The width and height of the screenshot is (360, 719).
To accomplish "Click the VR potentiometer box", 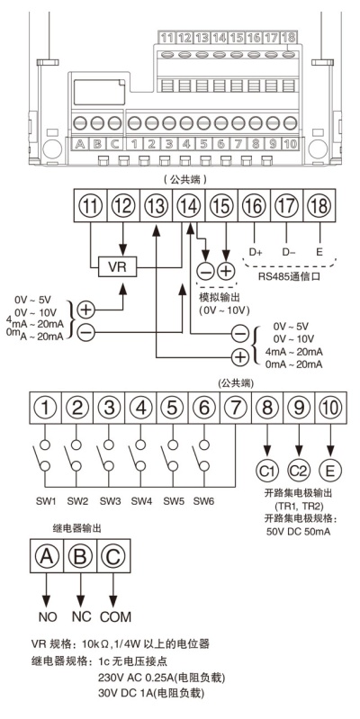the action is click(x=117, y=267).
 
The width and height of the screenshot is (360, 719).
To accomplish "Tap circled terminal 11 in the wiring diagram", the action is click(x=91, y=206).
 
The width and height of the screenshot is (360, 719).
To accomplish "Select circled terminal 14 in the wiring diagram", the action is click(x=188, y=206).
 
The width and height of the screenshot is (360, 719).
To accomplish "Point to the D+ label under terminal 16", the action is click(x=255, y=251).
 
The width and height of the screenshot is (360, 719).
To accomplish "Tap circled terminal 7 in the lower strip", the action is click(x=235, y=407).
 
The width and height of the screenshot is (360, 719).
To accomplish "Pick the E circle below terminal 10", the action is click(x=330, y=471).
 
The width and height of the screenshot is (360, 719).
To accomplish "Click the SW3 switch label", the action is click(x=109, y=501).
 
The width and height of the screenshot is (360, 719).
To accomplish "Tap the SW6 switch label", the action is click(x=203, y=501).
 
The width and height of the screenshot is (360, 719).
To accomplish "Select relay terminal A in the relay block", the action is click(x=46, y=556).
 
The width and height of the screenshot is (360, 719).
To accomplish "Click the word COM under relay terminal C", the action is click(x=115, y=616).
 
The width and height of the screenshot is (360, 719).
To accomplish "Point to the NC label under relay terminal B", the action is click(x=81, y=616).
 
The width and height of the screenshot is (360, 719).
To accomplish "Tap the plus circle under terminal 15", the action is click(x=225, y=272).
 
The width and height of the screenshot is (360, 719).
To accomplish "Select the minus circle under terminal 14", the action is click(x=206, y=272).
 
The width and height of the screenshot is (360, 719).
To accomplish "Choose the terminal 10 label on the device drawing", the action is click(x=290, y=143).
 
